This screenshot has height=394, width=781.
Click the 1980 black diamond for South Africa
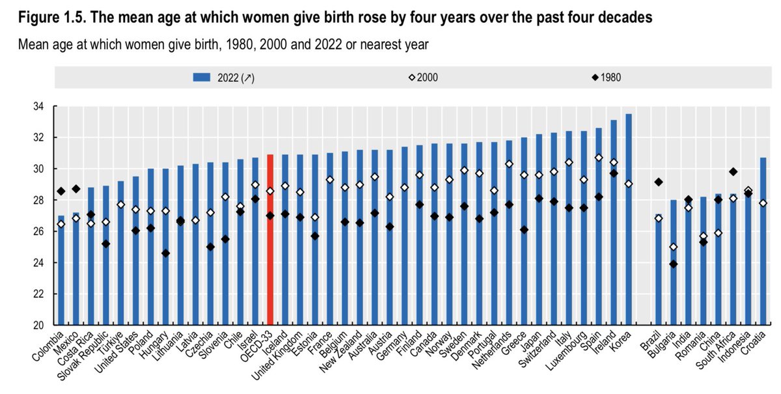pos(733,172)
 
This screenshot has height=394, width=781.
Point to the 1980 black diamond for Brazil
pos(659,182)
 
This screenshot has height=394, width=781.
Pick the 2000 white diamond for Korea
pos(629,184)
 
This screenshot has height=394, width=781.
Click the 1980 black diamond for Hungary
pos(166,253)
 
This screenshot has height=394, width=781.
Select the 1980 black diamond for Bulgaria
pos(674,264)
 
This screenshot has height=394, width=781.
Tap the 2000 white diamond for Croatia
pos(763,203)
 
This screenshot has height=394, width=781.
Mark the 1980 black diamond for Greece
pos(524,230)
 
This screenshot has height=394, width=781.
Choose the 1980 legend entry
pos(605,77)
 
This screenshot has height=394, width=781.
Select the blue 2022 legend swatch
pos(215,77)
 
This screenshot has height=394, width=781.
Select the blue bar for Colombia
pos(61,274)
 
